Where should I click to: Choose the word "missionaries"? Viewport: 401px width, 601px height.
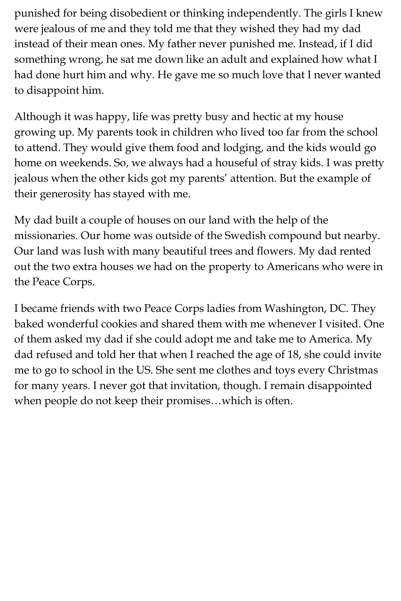tap(45, 236)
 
